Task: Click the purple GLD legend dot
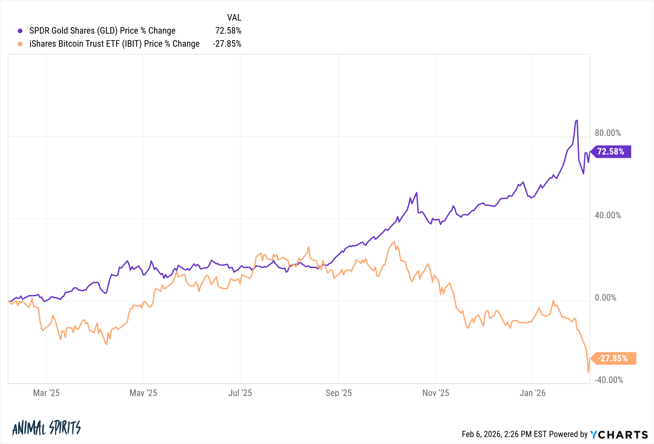point(20,31)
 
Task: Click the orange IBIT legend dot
point(20,44)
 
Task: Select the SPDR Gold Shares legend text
point(102,31)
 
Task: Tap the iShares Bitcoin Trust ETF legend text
point(114,44)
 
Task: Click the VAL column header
point(234,17)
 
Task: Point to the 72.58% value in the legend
point(228,31)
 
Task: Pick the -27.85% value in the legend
point(227,44)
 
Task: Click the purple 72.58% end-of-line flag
point(611,152)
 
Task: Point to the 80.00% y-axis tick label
point(608,133)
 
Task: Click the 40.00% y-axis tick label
point(608,215)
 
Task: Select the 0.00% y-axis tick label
point(606,298)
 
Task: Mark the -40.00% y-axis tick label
point(609,380)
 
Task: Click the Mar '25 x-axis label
point(46,393)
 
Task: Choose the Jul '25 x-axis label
point(240,393)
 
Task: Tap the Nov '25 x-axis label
point(436,393)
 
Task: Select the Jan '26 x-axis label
point(532,393)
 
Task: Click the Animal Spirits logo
point(46,428)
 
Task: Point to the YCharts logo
point(619,435)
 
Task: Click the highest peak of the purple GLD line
point(577,121)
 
